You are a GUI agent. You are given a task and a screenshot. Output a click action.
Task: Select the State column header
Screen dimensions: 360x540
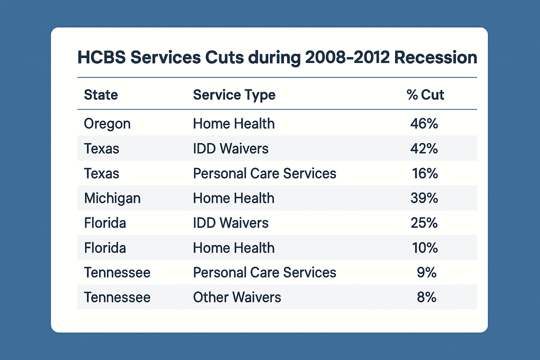click(x=101, y=95)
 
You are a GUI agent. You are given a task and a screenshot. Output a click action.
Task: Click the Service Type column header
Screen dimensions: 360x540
click(x=234, y=95)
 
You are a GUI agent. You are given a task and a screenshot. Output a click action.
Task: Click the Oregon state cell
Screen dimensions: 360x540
click(x=107, y=124)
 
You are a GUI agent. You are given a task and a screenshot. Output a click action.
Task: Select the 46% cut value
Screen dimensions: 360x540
click(x=424, y=124)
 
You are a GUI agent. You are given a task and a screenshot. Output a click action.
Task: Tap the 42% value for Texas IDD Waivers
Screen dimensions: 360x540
click(x=424, y=148)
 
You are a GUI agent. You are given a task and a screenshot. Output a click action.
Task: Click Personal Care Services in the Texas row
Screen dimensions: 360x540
click(x=265, y=173)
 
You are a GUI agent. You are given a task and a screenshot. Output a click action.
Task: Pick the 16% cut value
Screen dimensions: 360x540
click(x=425, y=173)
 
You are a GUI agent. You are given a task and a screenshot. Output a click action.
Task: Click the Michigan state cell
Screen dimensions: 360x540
click(x=112, y=198)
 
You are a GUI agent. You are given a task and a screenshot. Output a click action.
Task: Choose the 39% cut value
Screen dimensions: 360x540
click(x=424, y=198)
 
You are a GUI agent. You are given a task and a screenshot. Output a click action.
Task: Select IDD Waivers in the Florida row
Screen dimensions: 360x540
click(x=230, y=223)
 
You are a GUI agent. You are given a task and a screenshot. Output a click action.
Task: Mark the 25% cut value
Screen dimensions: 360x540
click(x=424, y=223)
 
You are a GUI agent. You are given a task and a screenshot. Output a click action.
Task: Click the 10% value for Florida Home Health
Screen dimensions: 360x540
click(x=424, y=247)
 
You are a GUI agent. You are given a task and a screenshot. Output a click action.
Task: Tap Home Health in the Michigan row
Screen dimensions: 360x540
click(x=234, y=198)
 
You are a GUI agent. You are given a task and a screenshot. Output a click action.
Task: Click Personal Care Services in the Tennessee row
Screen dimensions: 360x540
click(x=265, y=272)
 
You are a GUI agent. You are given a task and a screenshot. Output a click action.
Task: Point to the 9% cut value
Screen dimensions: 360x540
click(x=427, y=272)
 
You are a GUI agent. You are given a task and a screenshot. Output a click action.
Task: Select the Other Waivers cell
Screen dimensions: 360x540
click(x=237, y=297)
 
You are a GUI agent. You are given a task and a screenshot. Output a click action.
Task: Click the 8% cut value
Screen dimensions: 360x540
click(x=427, y=297)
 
